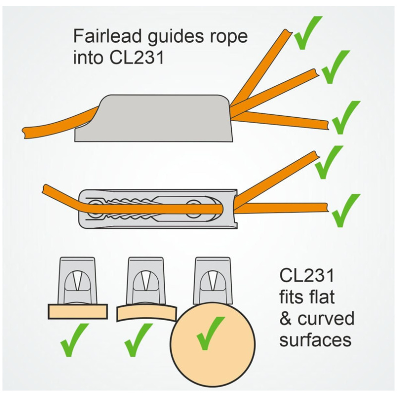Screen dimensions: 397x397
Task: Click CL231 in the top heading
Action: (x=137, y=58)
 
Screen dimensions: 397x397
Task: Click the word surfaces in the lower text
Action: (x=316, y=340)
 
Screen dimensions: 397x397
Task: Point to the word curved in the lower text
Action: (x=326, y=319)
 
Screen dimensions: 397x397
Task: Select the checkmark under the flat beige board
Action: (x=74, y=340)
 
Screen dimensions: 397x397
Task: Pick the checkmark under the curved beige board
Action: (x=138, y=340)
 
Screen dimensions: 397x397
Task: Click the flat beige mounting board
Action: (x=78, y=312)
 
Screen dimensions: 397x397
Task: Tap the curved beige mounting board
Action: (x=146, y=313)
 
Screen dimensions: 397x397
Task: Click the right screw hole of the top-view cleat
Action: (x=194, y=206)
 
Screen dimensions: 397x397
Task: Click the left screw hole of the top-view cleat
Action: (x=94, y=208)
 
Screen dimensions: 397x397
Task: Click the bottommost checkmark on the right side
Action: (x=346, y=210)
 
